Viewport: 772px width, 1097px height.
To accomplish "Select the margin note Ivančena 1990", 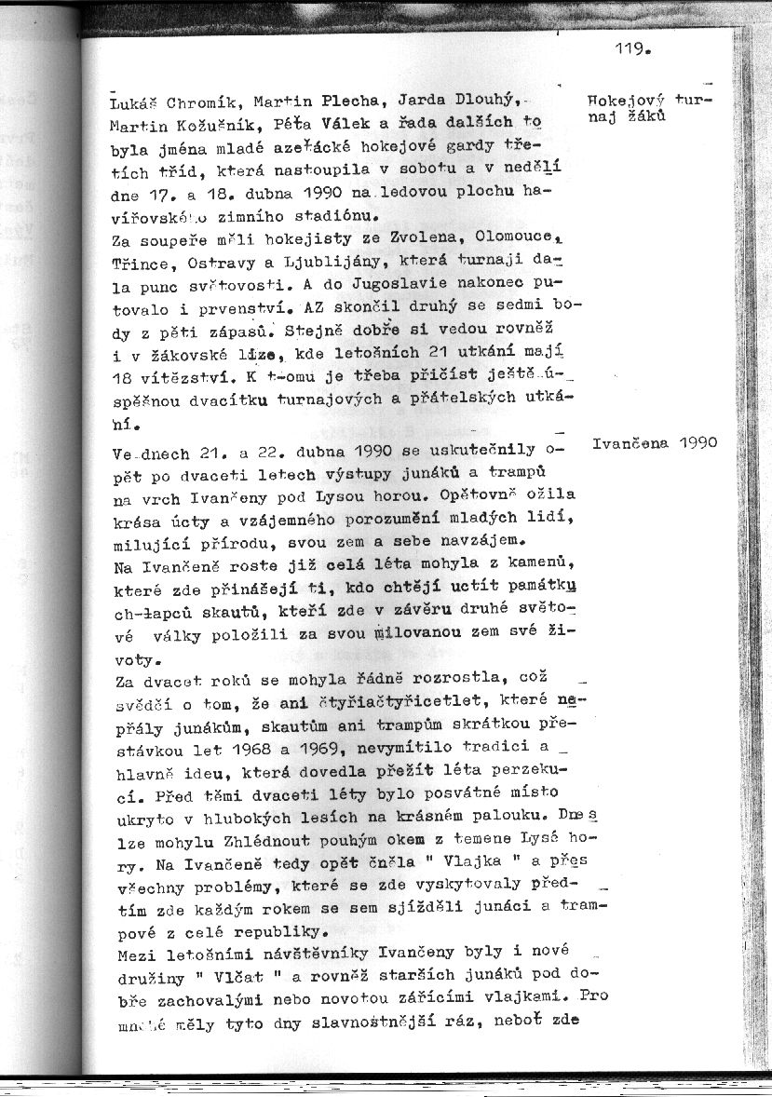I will pos(655,443).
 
